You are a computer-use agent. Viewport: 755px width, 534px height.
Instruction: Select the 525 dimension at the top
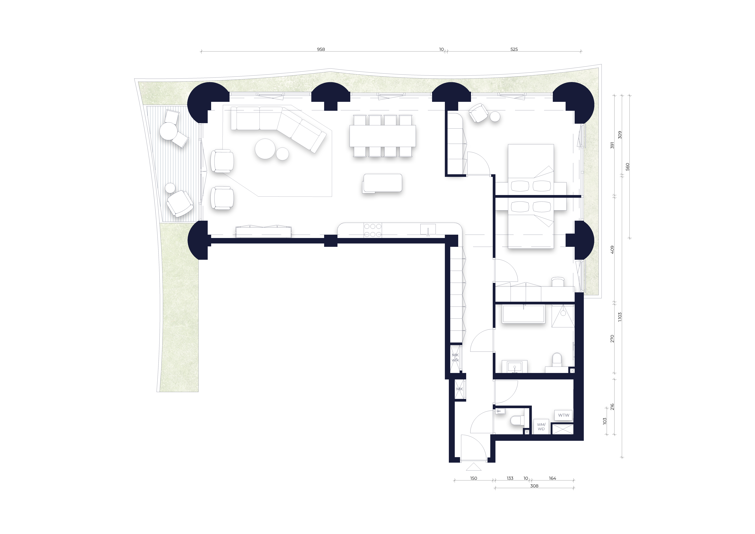tap(514, 49)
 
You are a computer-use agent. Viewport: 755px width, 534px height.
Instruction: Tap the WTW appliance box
tap(564, 415)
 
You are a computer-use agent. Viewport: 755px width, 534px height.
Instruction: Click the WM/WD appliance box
tap(541, 427)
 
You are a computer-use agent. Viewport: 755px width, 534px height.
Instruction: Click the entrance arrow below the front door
tap(473, 467)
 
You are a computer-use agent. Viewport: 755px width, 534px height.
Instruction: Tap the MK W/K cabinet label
tap(455, 358)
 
